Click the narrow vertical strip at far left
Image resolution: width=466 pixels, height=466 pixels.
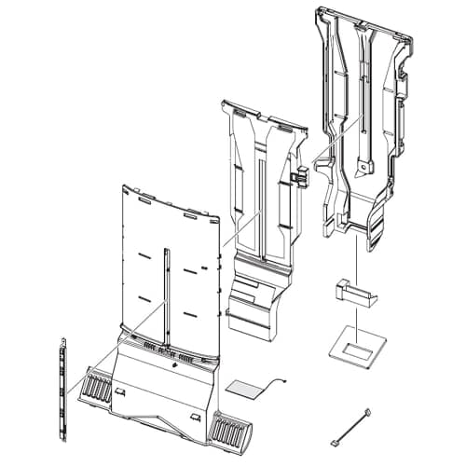62,381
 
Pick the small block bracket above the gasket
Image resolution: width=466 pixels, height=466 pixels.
352,293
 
